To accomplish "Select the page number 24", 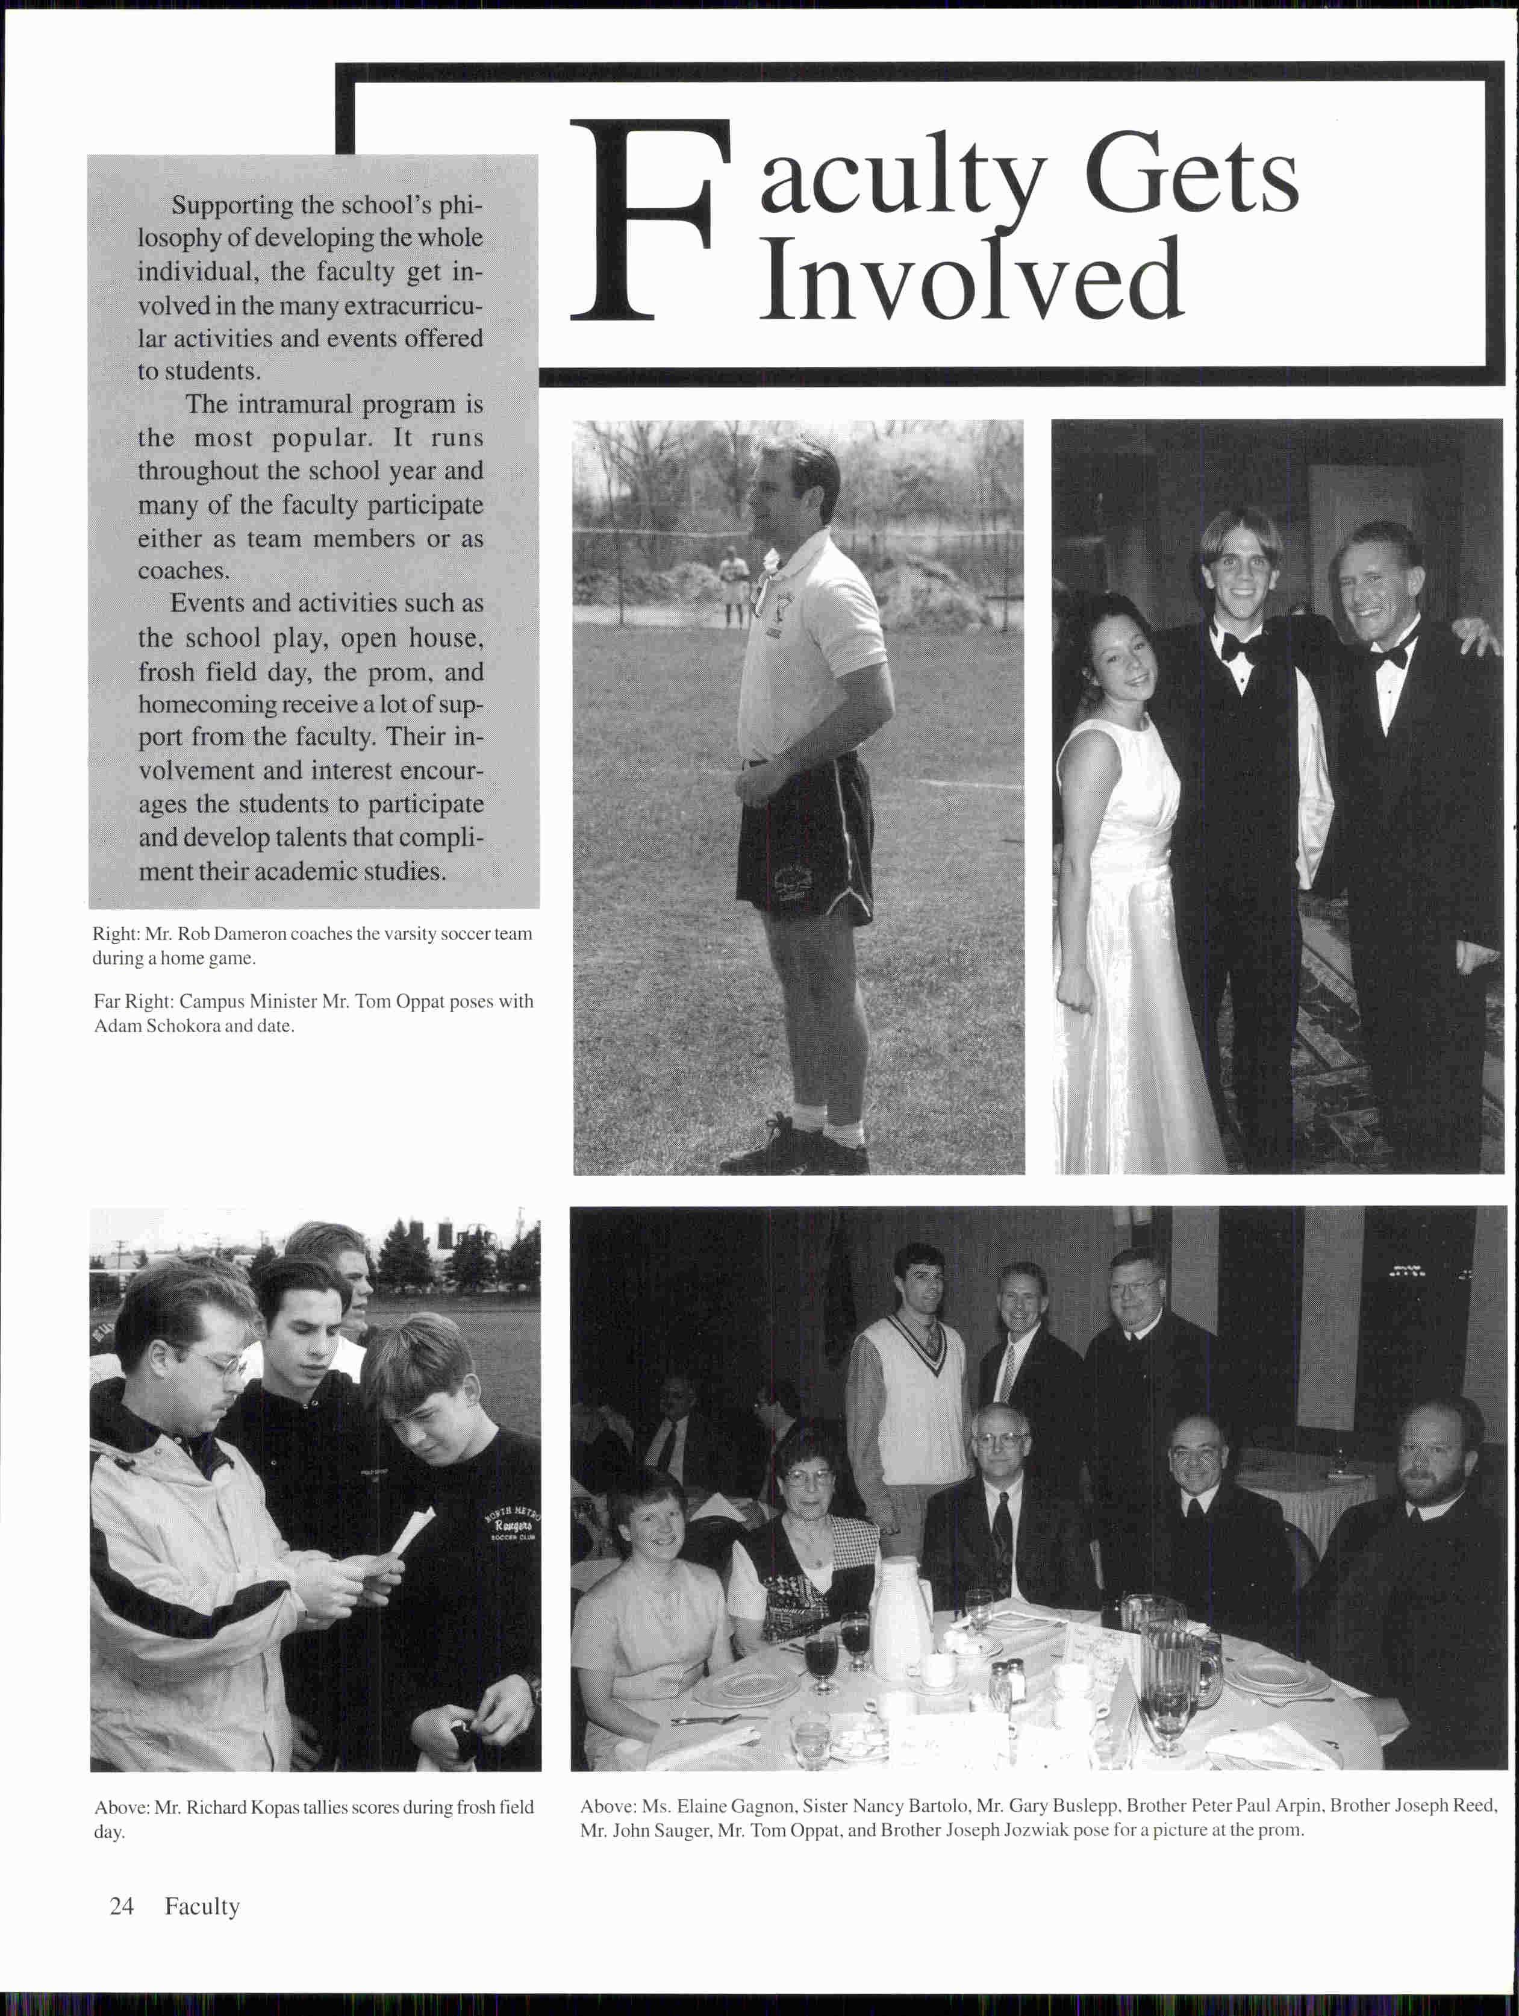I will (121, 1906).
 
